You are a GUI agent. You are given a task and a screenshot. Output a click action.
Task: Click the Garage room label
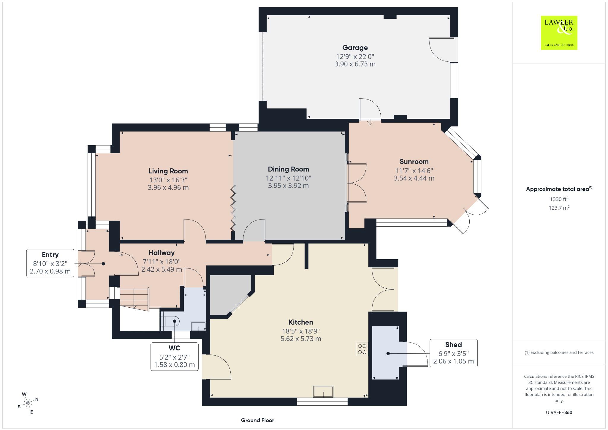[355, 48]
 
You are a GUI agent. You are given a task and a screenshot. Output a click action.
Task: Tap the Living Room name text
[168, 171]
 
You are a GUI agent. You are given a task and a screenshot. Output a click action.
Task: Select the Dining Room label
[288, 169]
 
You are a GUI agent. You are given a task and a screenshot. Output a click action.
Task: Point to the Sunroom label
[414, 162]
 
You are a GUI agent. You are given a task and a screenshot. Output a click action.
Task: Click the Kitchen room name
[301, 322]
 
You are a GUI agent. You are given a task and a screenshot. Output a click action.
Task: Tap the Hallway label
[161, 253]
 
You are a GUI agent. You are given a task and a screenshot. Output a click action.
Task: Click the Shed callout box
[453, 353]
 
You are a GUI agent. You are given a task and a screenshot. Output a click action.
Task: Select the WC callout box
[175, 356]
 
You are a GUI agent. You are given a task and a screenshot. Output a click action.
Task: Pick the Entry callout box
[50, 263]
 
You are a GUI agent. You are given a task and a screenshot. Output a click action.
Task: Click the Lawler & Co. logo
[559, 33]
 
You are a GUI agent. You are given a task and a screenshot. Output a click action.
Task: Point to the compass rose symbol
[28, 403]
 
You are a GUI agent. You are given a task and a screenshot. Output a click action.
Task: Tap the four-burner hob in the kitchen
[362, 349]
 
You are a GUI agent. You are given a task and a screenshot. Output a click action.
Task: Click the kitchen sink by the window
[323, 391]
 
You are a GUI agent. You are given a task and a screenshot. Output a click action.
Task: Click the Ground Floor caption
[257, 420]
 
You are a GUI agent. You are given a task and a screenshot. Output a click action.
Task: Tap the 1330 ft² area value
[559, 199]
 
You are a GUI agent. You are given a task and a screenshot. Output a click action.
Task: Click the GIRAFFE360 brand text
[559, 412]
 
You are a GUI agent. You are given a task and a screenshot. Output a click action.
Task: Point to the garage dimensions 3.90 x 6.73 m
[355, 64]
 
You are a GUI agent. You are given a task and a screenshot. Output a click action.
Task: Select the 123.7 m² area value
[559, 208]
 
